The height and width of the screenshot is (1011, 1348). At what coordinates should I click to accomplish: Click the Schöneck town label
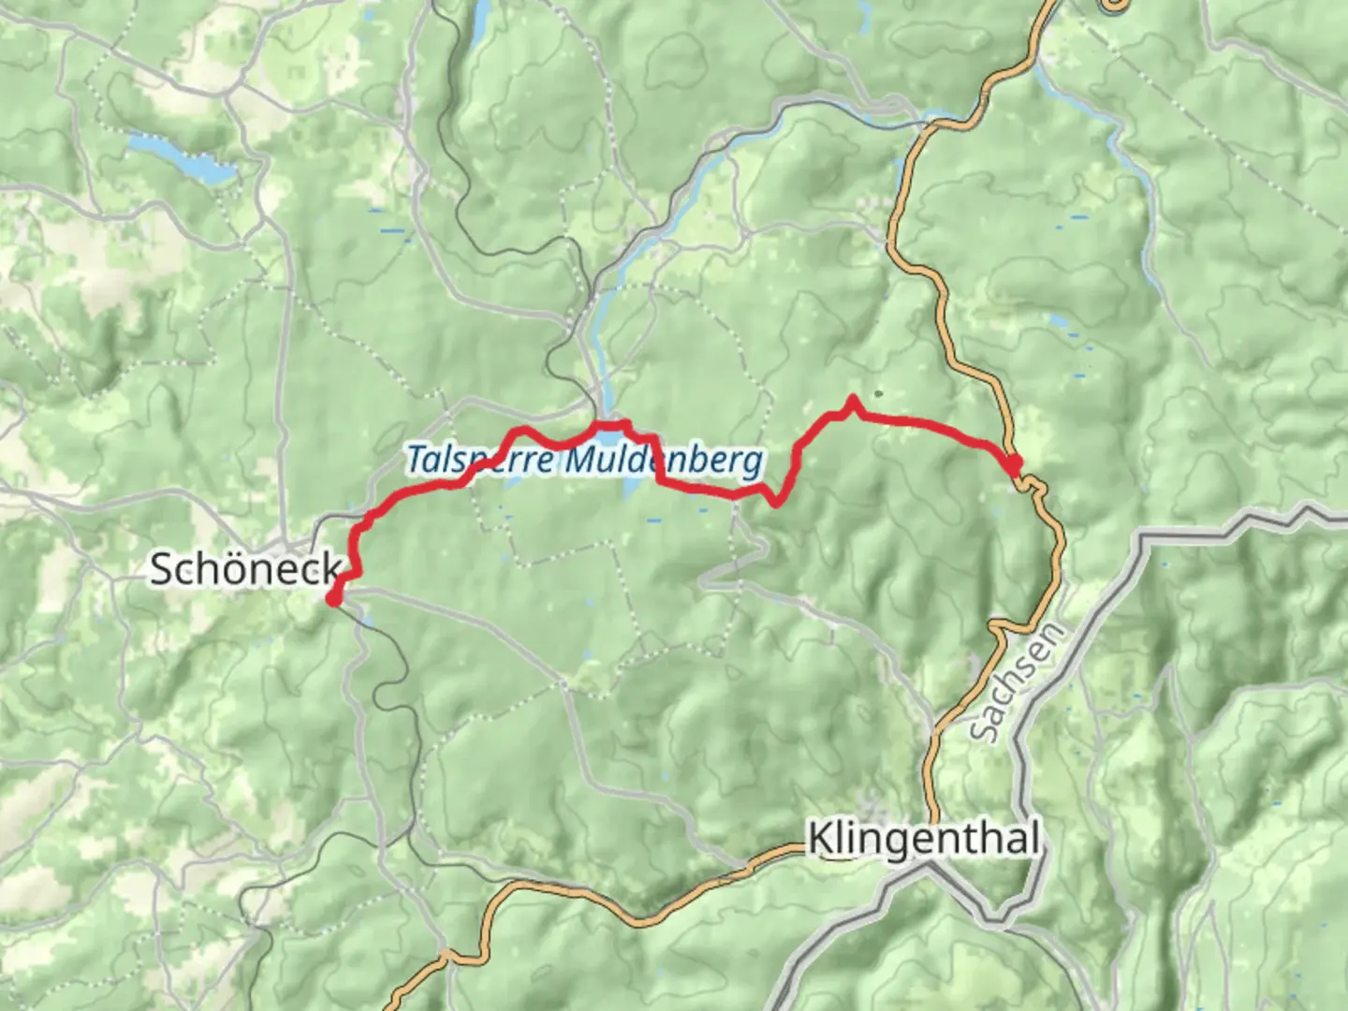click(x=245, y=568)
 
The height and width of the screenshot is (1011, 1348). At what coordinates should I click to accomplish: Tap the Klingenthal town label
click(x=923, y=839)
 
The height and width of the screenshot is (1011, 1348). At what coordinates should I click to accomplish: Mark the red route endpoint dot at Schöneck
click(x=333, y=598)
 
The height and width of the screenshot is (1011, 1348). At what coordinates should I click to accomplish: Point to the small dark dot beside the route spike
click(x=878, y=393)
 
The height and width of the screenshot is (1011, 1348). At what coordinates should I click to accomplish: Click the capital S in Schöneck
click(x=162, y=568)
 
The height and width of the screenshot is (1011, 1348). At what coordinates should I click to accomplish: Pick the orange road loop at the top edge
click(x=1113, y=6)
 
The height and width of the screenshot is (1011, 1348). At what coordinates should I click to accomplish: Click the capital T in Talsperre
click(x=415, y=460)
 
